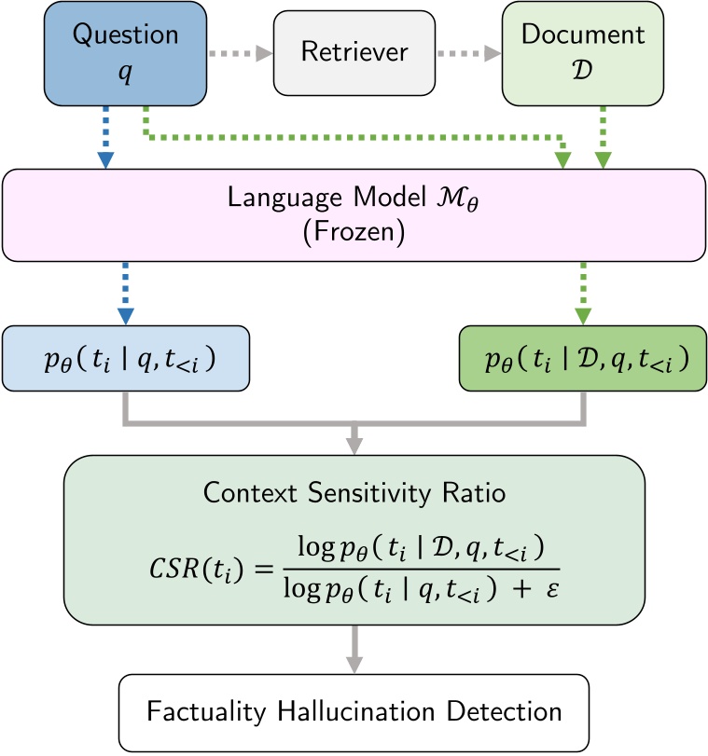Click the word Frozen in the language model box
(x=354, y=232)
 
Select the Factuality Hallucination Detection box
(x=354, y=712)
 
